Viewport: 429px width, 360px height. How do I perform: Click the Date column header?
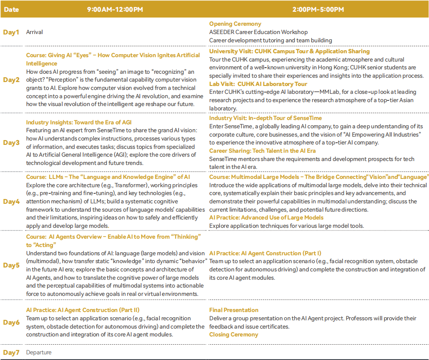(11, 9)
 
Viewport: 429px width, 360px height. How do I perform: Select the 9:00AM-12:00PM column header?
(115, 9)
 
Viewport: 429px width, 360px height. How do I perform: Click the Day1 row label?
(11, 32)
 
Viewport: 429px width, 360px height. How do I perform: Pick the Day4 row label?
(11, 201)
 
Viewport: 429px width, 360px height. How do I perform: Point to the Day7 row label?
(11, 352)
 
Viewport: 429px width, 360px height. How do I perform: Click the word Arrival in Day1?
(34, 32)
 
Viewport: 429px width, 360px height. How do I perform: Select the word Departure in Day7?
(38, 352)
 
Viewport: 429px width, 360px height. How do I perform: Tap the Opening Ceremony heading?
(235, 24)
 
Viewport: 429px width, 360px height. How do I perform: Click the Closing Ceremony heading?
(234, 335)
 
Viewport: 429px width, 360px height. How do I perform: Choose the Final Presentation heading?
(234, 310)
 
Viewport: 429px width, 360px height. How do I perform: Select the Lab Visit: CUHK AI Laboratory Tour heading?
(258, 84)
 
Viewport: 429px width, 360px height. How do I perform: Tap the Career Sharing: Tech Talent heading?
(262, 151)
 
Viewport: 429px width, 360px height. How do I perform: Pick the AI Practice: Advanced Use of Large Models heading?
(266, 217)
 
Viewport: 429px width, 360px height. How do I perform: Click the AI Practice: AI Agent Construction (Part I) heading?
(265, 253)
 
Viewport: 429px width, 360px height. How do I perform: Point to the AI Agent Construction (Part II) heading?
(83, 310)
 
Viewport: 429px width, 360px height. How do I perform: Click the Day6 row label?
(11, 322)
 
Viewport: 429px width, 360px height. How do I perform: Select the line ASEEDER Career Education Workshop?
(258, 32)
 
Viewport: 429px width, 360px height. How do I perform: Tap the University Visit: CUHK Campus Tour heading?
(289, 51)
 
